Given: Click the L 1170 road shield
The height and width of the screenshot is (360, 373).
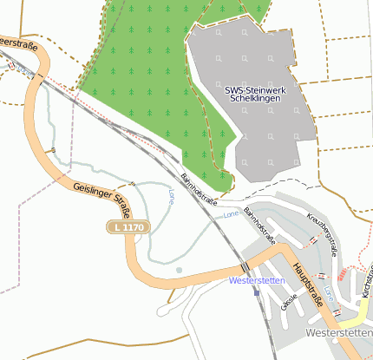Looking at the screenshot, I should click(x=128, y=227).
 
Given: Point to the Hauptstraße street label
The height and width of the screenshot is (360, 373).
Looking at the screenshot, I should click(x=308, y=282).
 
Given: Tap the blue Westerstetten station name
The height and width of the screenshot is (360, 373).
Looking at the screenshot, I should click(x=257, y=281).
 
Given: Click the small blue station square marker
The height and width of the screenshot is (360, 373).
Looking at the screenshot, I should click(x=257, y=292).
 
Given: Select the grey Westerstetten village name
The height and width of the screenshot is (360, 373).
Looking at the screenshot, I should click(x=338, y=333).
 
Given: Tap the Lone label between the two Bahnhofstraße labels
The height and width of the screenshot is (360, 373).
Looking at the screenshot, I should click(x=231, y=213).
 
